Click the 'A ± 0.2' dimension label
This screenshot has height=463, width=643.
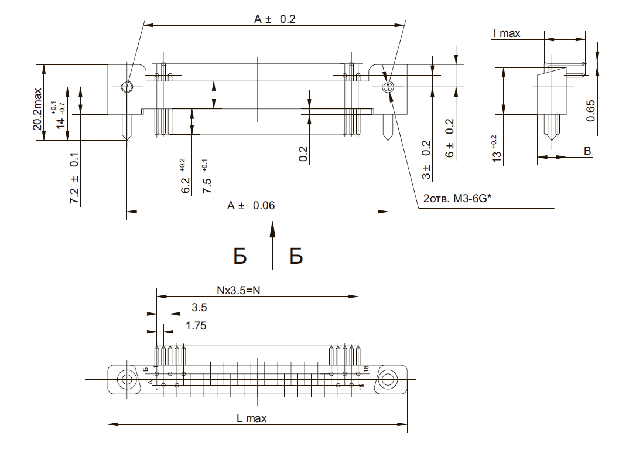click(275, 19)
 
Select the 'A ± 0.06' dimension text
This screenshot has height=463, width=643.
click(251, 205)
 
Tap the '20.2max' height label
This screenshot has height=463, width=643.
click(37, 109)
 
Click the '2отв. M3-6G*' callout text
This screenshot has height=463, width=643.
click(457, 199)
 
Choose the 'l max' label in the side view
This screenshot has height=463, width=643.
click(507, 33)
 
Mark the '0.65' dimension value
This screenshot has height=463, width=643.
click(590, 111)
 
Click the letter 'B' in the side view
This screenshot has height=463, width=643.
click(587, 151)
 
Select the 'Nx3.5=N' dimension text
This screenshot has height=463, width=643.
click(238, 291)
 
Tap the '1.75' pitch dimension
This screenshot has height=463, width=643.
click(196, 326)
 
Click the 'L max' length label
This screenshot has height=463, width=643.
click(251, 418)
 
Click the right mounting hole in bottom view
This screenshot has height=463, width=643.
click(388, 379)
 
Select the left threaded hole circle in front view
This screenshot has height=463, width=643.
click(127, 87)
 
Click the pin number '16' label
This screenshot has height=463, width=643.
click(366, 369)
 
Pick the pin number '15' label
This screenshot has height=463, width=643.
click(361, 387)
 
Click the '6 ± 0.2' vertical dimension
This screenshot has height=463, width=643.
click(450, 138)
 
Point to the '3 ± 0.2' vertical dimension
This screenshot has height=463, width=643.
click(426, 159)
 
